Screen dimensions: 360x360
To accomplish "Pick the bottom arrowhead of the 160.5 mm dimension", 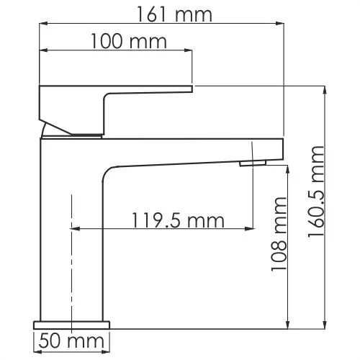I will coord(325,325).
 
